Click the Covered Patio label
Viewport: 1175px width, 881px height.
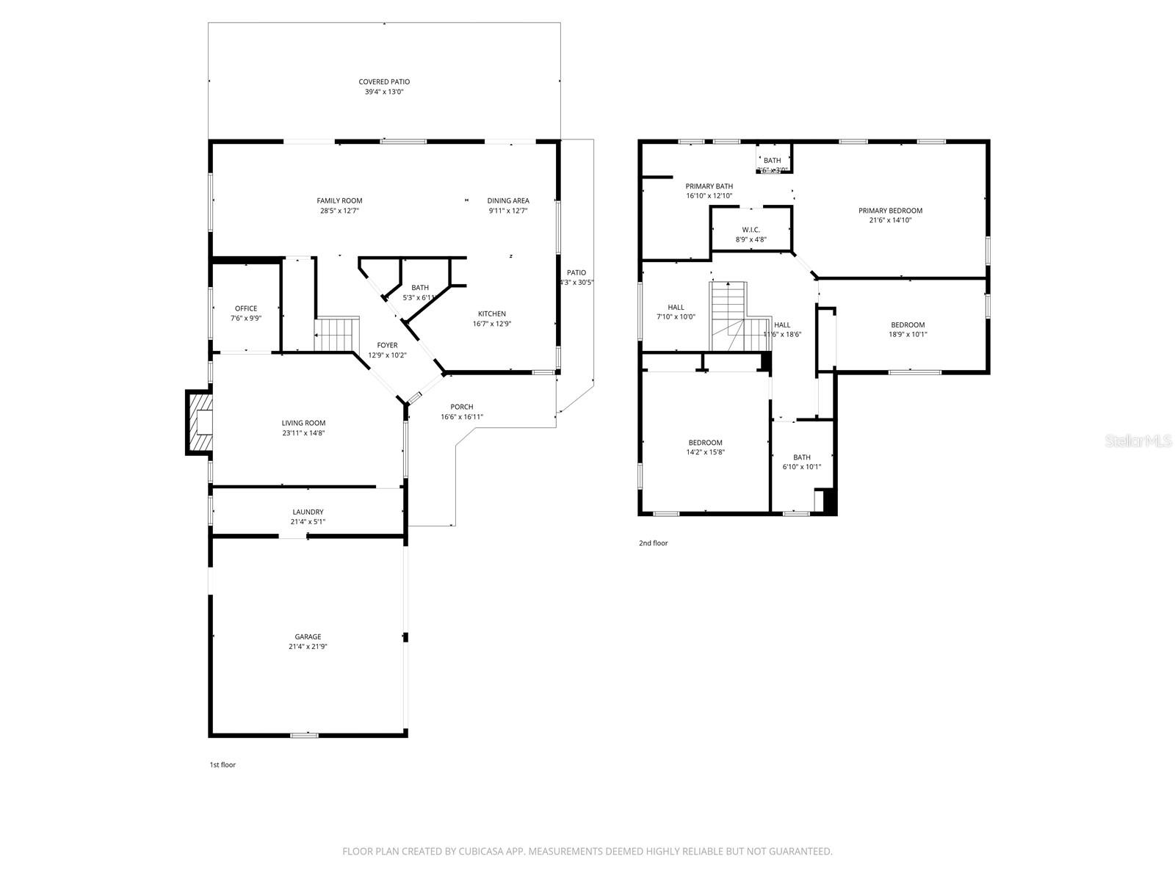384,82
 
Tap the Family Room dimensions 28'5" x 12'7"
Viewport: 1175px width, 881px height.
339,211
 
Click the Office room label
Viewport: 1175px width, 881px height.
246,308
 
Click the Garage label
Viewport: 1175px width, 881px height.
308,637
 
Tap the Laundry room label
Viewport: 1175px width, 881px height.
308,512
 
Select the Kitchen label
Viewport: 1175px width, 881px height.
491,313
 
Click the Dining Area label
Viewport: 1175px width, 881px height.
508,200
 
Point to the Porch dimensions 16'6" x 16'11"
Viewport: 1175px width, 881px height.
462,417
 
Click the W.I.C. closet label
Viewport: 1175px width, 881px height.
751,230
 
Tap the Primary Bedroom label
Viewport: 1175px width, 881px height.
890,211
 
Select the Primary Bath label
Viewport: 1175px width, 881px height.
709,186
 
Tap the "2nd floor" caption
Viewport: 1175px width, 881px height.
653,543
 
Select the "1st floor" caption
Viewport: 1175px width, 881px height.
223,765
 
